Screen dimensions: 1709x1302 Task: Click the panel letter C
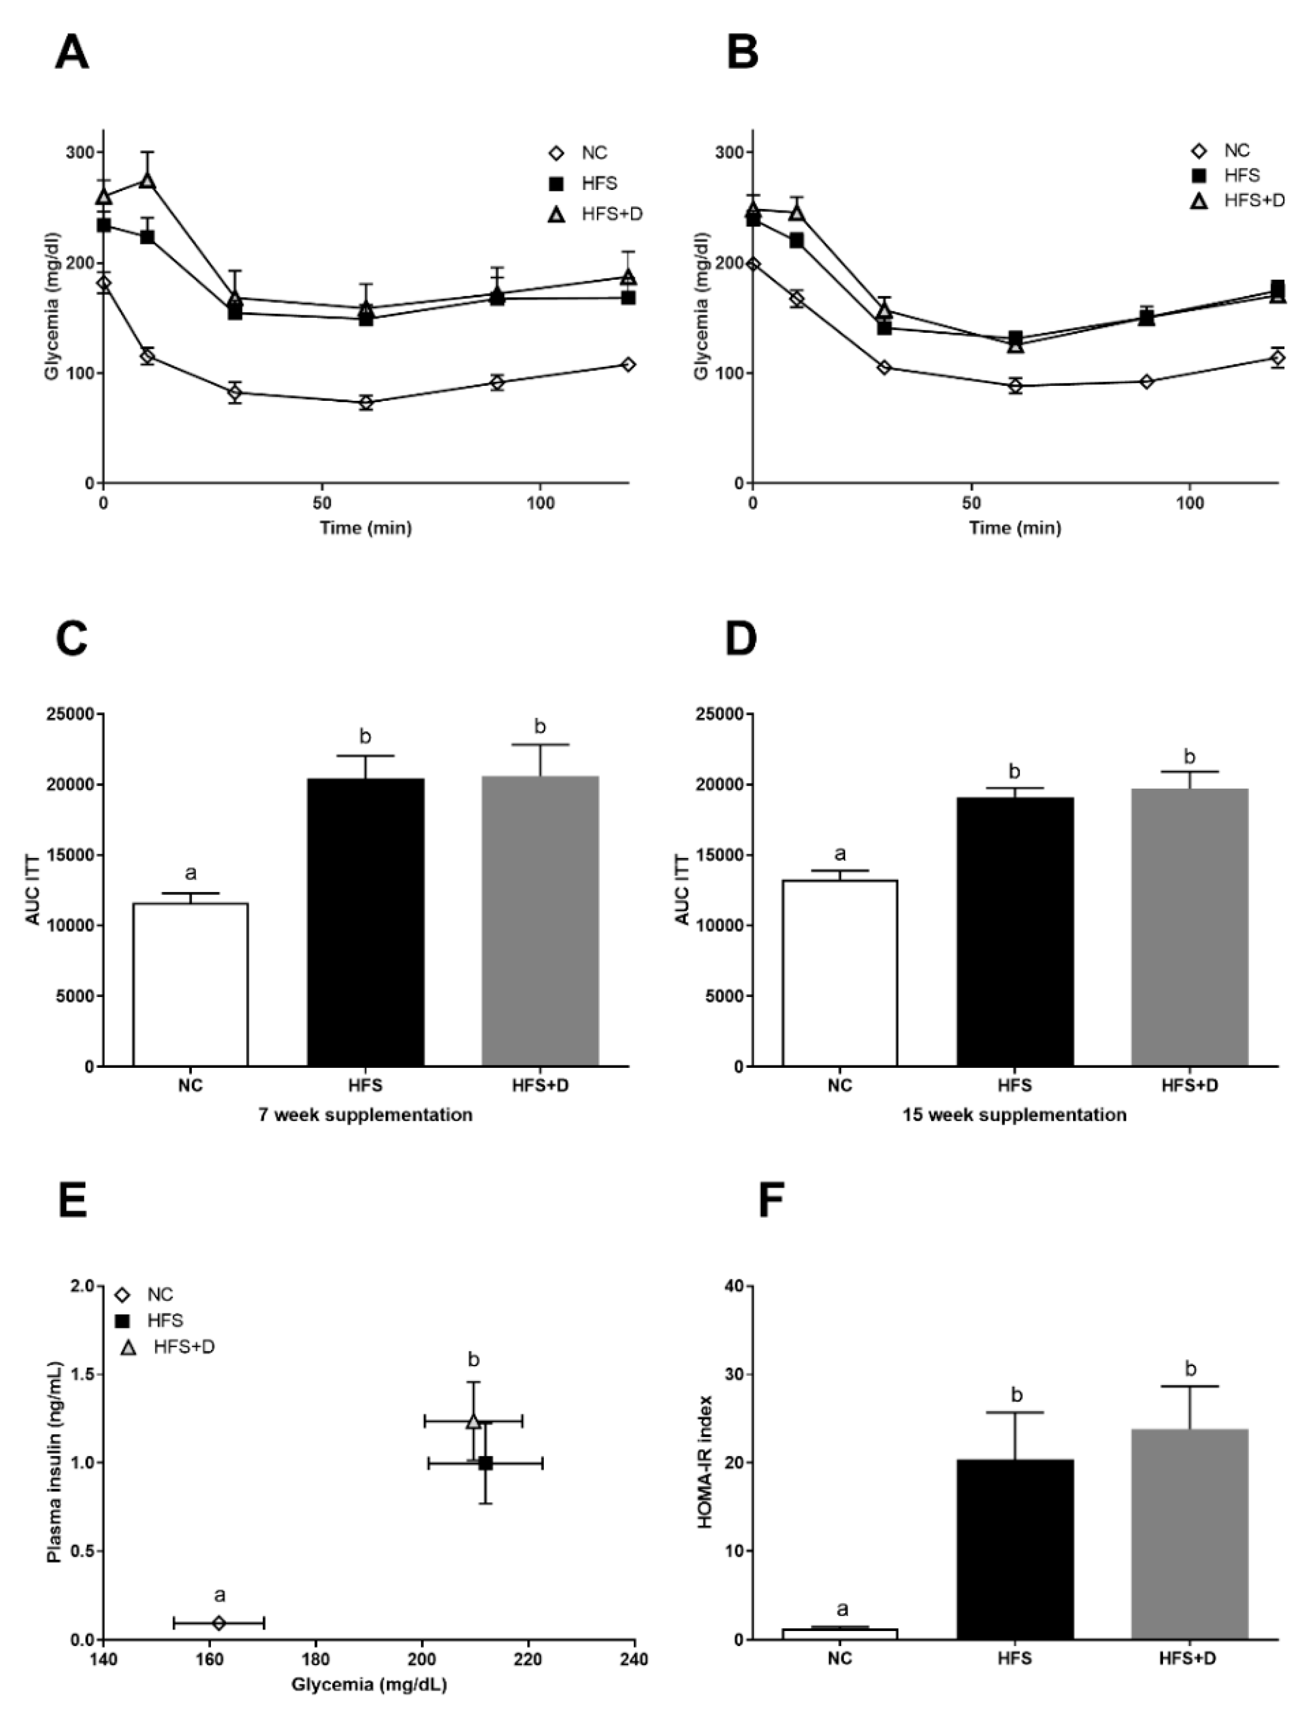tap(72, 639)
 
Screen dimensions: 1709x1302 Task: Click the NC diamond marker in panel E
tap(218, 1622)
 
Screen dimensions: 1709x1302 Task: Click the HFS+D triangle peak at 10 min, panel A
tap(147, 180)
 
